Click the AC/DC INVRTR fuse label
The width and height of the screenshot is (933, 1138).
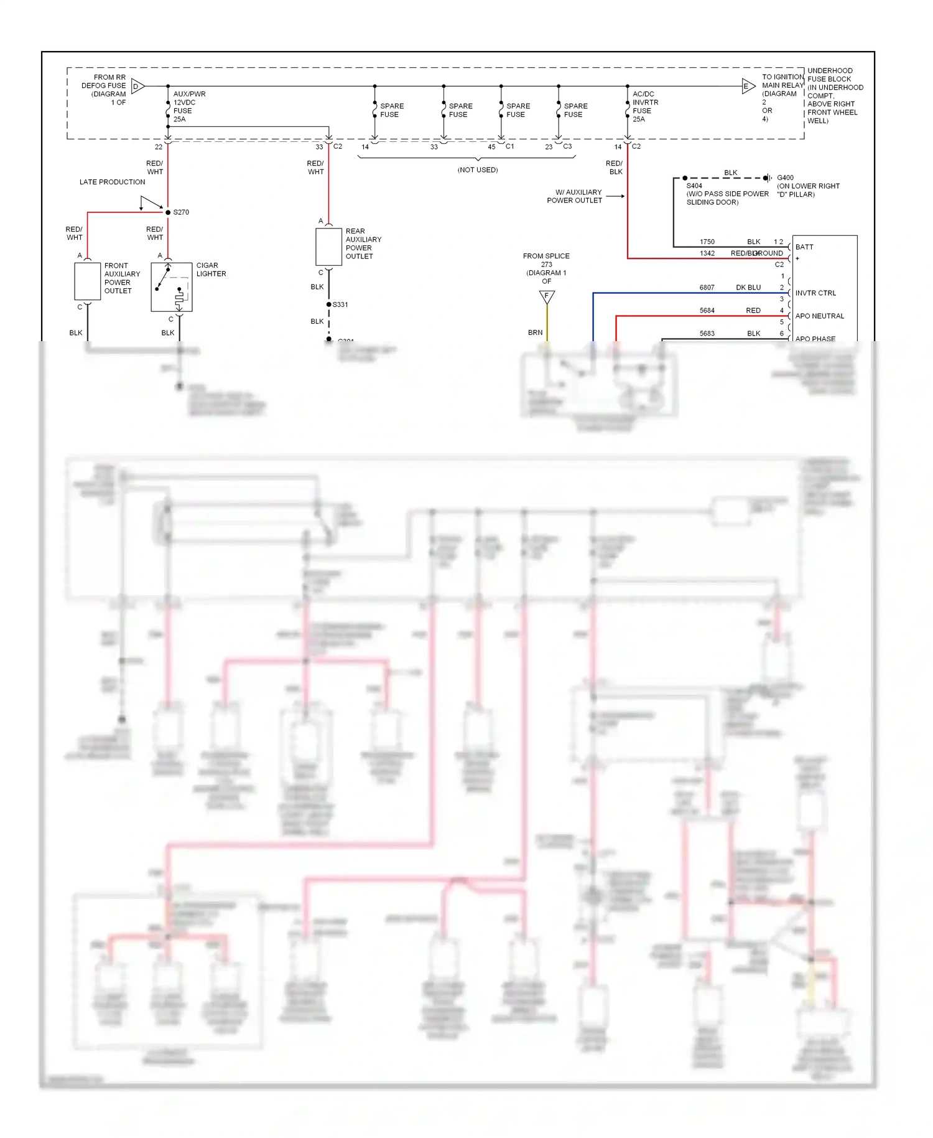[645, 106]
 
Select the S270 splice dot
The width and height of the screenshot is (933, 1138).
[168, 212]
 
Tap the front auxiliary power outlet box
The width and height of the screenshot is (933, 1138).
[87, 281]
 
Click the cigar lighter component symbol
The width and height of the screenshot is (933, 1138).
[172, 287]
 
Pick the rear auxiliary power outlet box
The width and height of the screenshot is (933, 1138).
[328, 247]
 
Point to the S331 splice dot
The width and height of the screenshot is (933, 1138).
[328, 304]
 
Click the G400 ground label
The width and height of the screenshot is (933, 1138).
[785, 178]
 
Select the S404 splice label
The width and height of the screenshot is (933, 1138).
[694, 186]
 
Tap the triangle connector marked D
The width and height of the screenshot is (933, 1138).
[137, 87]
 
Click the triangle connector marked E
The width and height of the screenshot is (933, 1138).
[748, 87]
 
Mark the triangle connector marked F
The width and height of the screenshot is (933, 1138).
[547, 296]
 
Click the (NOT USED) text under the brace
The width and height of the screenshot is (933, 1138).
[477, 170]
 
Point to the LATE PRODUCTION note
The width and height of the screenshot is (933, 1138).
[112, 182]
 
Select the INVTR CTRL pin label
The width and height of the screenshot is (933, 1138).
[815, 293]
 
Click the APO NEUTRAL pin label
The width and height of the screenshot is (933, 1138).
[819, 316]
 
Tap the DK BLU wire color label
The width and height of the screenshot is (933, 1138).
[748, 288]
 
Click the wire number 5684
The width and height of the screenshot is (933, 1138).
[707, 311]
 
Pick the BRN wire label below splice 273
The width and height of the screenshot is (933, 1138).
[535, 333]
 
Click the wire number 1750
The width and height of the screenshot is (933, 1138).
[707, 242]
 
